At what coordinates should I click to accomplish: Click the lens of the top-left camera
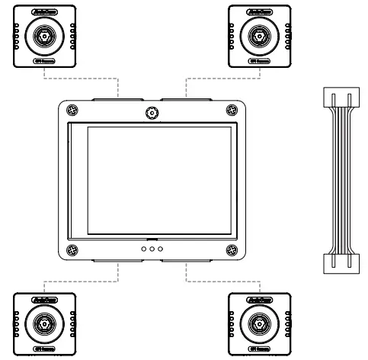(x=43, y=35)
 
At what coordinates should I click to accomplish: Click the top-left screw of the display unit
(x=72, y=111)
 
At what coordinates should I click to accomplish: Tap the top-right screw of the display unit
(x=231, y=111)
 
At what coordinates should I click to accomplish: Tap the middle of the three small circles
(x=152, y=249)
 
